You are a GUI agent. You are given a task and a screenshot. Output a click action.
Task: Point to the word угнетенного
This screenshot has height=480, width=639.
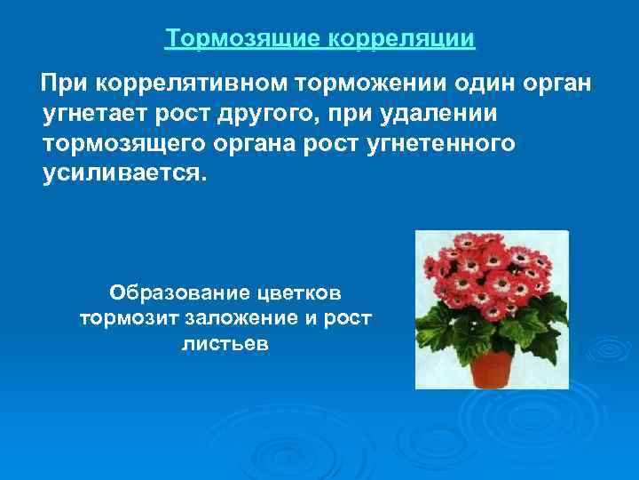(x=440, y=144)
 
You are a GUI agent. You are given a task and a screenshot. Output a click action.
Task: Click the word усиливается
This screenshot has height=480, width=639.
(x=123, y=174)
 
